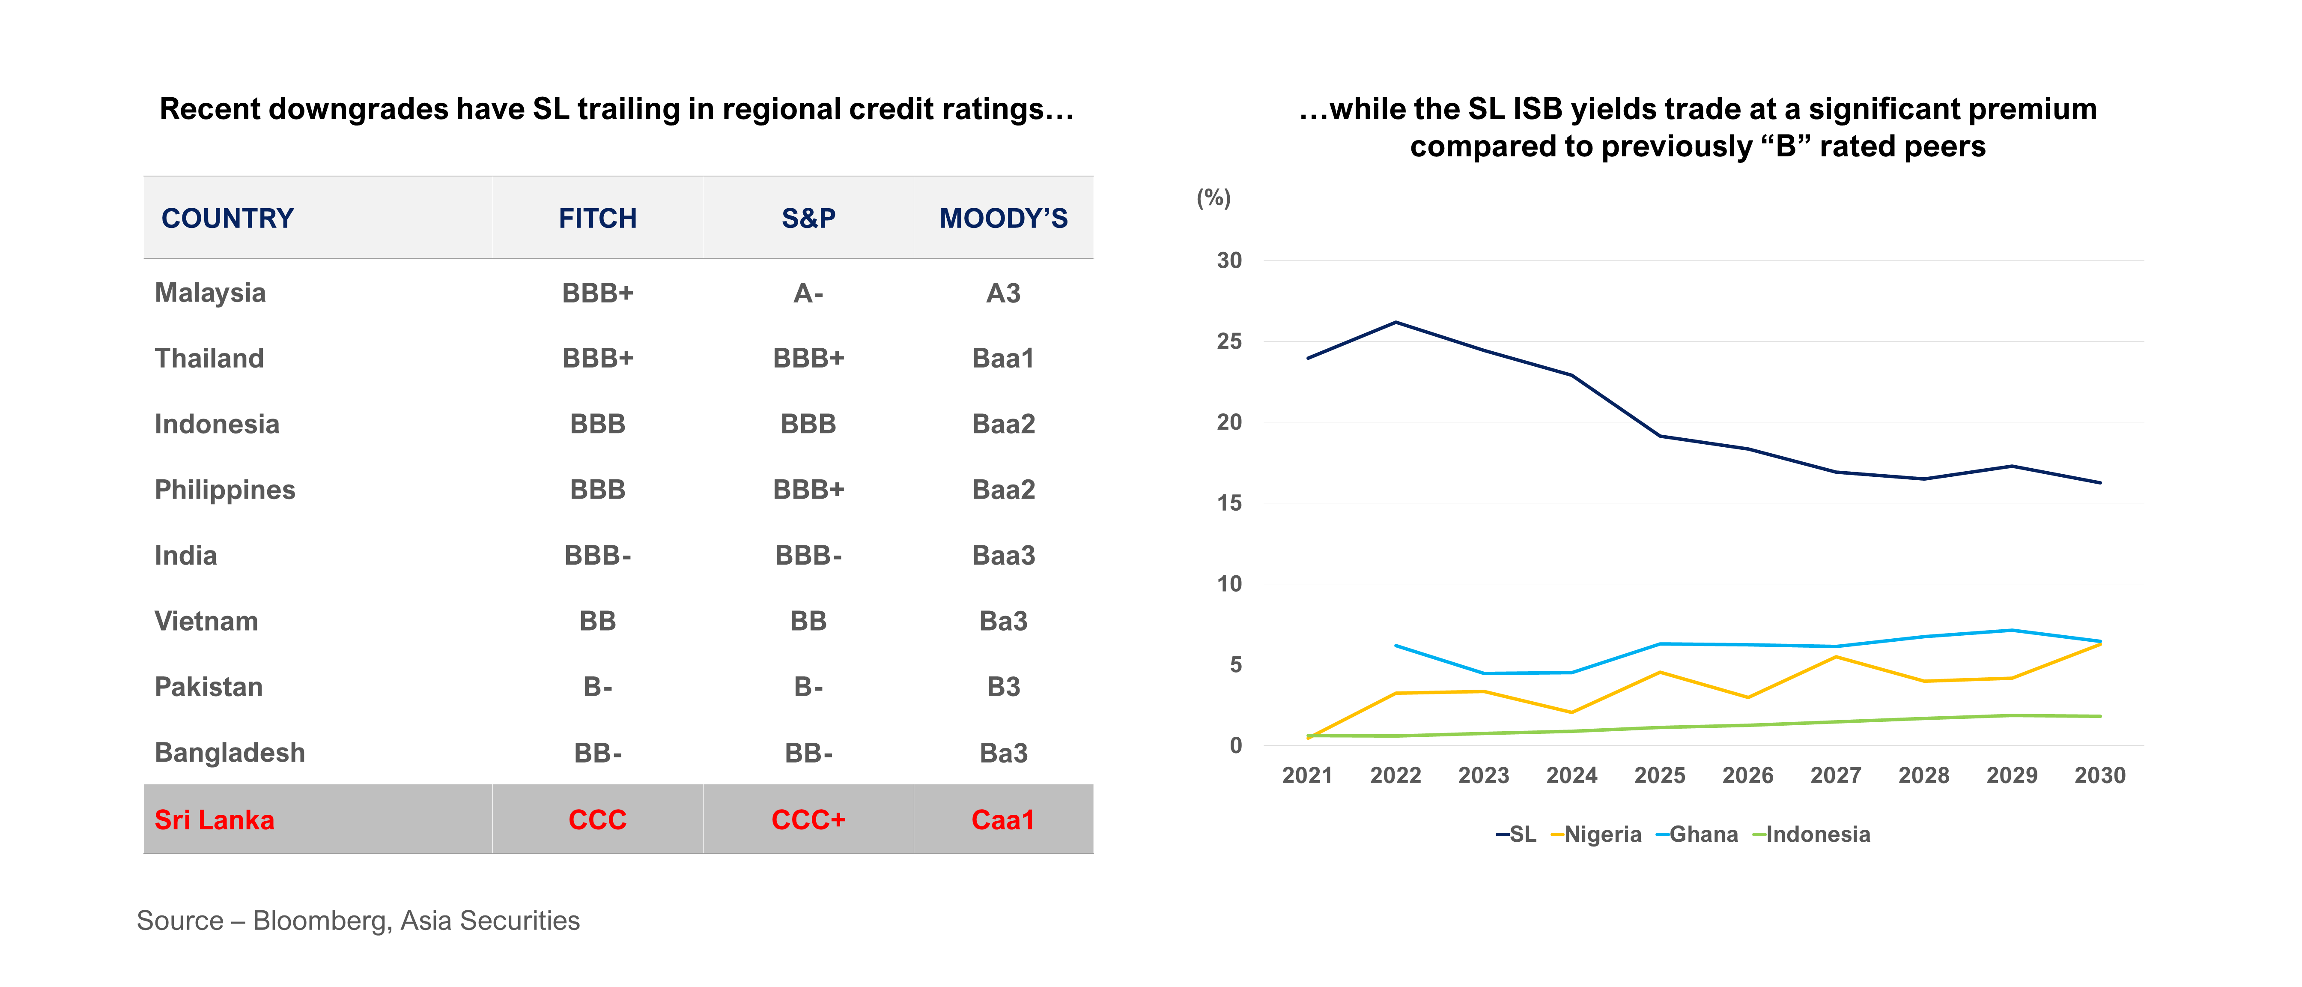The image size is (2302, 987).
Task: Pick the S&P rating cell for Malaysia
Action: tap(808, 293)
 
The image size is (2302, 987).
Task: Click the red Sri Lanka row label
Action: tap(215, 820)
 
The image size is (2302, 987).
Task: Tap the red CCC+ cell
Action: tap(808, 820)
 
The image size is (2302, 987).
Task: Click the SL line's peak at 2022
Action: tap(1396, 322)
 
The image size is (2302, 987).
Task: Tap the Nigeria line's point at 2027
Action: tap(1836, 657)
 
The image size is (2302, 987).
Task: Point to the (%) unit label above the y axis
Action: tap(1214, 197)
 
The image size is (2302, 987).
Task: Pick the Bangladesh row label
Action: tap(230, 753)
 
